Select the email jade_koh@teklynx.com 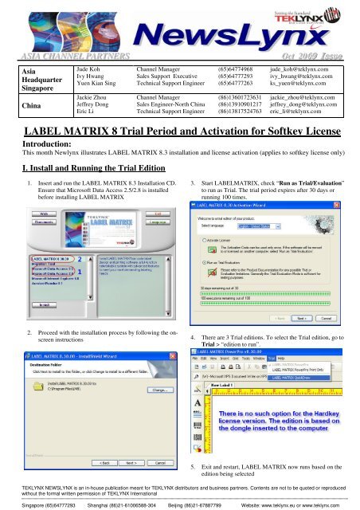click(x=295, y=69)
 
